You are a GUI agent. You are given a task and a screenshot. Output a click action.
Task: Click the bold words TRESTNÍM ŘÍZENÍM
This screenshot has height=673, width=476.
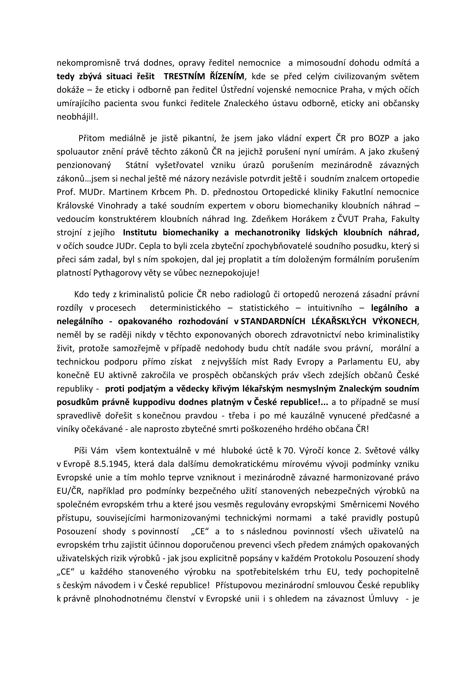point(204,76)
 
